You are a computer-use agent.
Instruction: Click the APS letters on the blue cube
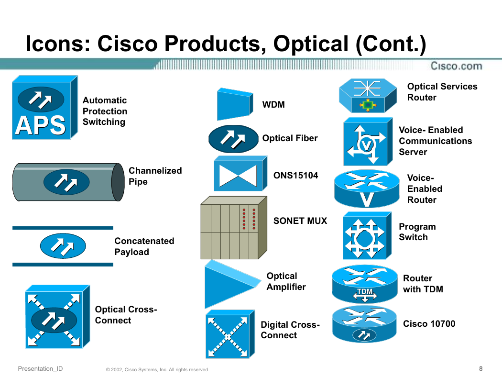point(40,125)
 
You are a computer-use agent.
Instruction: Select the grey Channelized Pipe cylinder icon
point(68,182)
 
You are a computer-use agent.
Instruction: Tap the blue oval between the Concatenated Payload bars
point(63,246)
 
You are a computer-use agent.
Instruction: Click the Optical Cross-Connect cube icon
point(58,316)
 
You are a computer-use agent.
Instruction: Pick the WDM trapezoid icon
point(235,104)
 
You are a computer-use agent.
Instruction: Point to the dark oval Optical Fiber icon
point(233,139)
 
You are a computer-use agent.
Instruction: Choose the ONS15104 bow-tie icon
point(240,174)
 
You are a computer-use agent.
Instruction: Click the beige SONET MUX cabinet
point(234,228)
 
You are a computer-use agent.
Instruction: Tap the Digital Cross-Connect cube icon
point(230,334)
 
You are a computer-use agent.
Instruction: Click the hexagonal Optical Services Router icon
point(368,96)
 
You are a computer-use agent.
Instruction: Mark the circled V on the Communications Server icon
point(366,145)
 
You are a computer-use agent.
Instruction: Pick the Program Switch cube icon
point(367,235)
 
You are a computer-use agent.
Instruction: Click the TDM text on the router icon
point(365,291)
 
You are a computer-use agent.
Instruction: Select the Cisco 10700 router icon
point(364,324)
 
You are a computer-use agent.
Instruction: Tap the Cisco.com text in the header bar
point(456,66)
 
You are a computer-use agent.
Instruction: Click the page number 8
point(480,369)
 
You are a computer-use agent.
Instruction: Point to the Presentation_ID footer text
point(40,369)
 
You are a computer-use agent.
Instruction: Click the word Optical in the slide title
point(311,44)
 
